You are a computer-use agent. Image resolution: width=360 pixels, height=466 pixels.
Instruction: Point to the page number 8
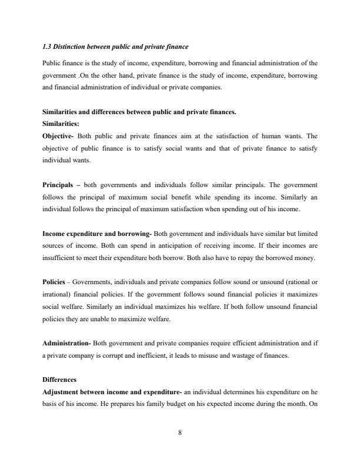(179, 432)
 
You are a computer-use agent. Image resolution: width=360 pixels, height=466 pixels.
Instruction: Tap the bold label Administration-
(66, 342)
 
